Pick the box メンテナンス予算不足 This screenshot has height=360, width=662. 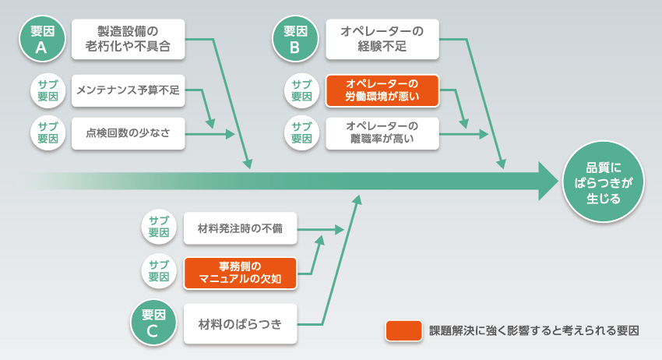click(x=129, y=91)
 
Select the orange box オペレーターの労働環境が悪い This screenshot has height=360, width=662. click(x=382, y=91)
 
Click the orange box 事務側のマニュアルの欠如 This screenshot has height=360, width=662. click(x=241, y=273)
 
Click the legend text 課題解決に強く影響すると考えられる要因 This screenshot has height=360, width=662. click(x=534, y=330)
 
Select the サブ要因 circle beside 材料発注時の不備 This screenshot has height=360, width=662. click(x=160, y=228)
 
